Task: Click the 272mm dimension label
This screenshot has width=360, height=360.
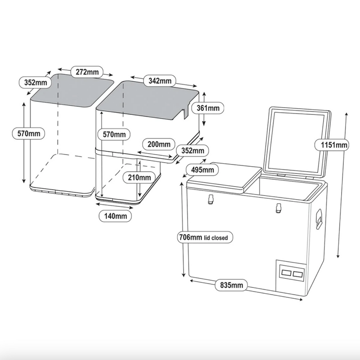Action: tap(87, 71)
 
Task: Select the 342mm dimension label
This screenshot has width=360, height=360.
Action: tap(160, 81)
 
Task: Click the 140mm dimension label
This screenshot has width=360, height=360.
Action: tap(115, 216)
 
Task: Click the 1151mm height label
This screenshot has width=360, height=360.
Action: tap(333, 145)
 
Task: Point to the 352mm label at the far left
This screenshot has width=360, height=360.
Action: tap(34, 82)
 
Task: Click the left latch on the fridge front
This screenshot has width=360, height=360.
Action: tap(210, 200)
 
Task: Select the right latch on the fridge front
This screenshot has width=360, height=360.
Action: tap(278, 208)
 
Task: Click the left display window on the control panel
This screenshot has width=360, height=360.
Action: tap(285, 273)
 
